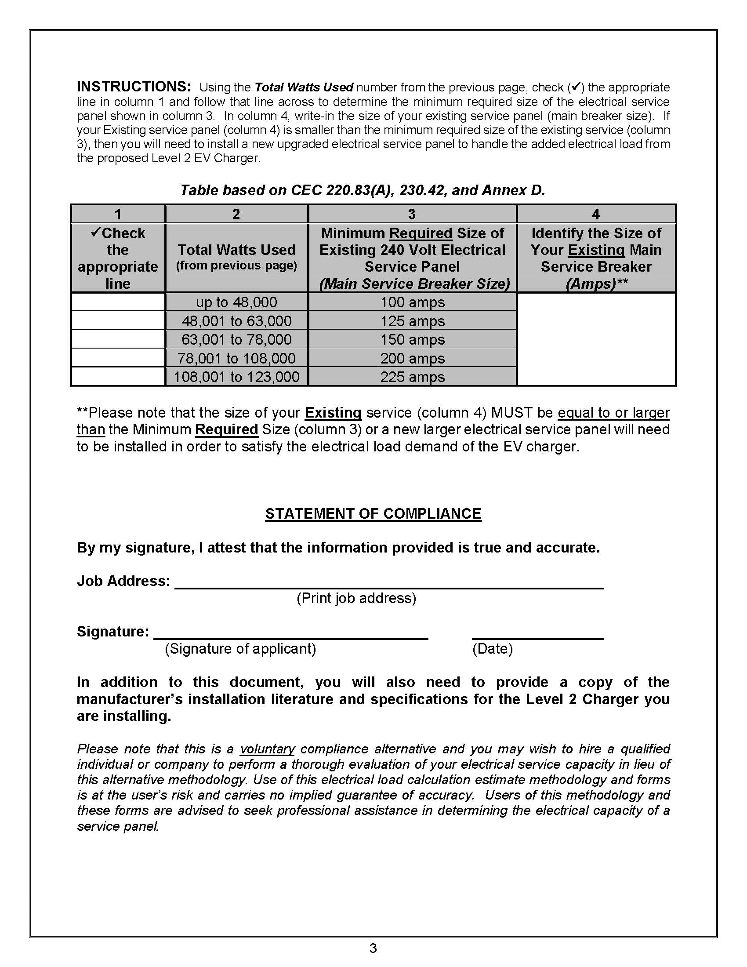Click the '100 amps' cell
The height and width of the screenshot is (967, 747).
[x=413, y=302]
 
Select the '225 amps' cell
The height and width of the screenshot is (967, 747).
[x=413, y=377]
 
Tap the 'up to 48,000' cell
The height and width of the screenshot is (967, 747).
[x=236, y=302]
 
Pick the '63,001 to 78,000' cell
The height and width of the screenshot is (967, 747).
[x=236, y=340]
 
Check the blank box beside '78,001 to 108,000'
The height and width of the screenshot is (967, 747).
[x=118, y=358]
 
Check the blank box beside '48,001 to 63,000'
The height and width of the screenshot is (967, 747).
[x=118, y=320]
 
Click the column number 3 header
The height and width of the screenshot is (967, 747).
[x=412, y=214]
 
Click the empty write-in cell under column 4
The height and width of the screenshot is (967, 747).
[x=596, y=339]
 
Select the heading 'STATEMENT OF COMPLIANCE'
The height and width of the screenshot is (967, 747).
[x=373, y=513]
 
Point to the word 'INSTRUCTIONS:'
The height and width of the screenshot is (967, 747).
[x=134, y=86]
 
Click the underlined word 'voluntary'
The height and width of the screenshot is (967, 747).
[x=267, y=749]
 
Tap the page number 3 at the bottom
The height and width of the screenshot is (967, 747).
[x=373, y=948]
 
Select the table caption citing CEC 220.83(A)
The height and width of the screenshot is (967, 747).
[x=363, y=190]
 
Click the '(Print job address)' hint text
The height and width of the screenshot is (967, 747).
[x=356, y=598]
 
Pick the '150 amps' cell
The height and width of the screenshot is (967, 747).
[x=413, y=340]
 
